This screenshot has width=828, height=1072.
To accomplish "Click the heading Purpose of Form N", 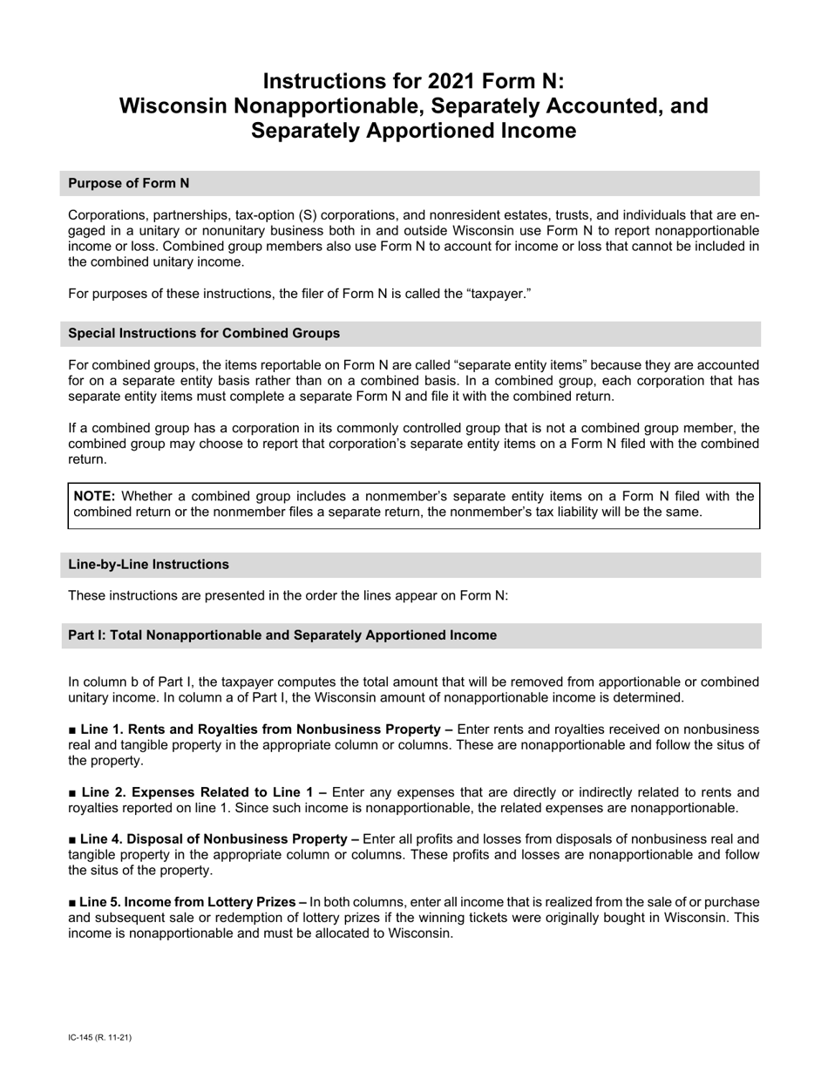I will click(128, 183).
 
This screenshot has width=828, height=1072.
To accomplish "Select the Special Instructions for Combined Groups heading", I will click(204, 333).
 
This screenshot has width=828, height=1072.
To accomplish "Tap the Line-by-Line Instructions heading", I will click(148, 564).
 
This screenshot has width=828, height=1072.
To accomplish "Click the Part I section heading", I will click(282, 635).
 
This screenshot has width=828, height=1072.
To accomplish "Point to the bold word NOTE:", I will click(94, 496).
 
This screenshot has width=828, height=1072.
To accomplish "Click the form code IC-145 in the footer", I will click(84, 1038).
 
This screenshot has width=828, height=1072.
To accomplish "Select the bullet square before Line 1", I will click(72, 729).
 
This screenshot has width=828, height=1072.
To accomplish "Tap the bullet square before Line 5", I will click(72, 902).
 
